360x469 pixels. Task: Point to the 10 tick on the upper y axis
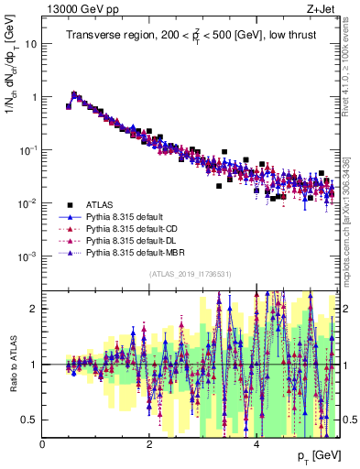click(30, 43)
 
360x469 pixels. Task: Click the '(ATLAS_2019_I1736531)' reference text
click(190, 274)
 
